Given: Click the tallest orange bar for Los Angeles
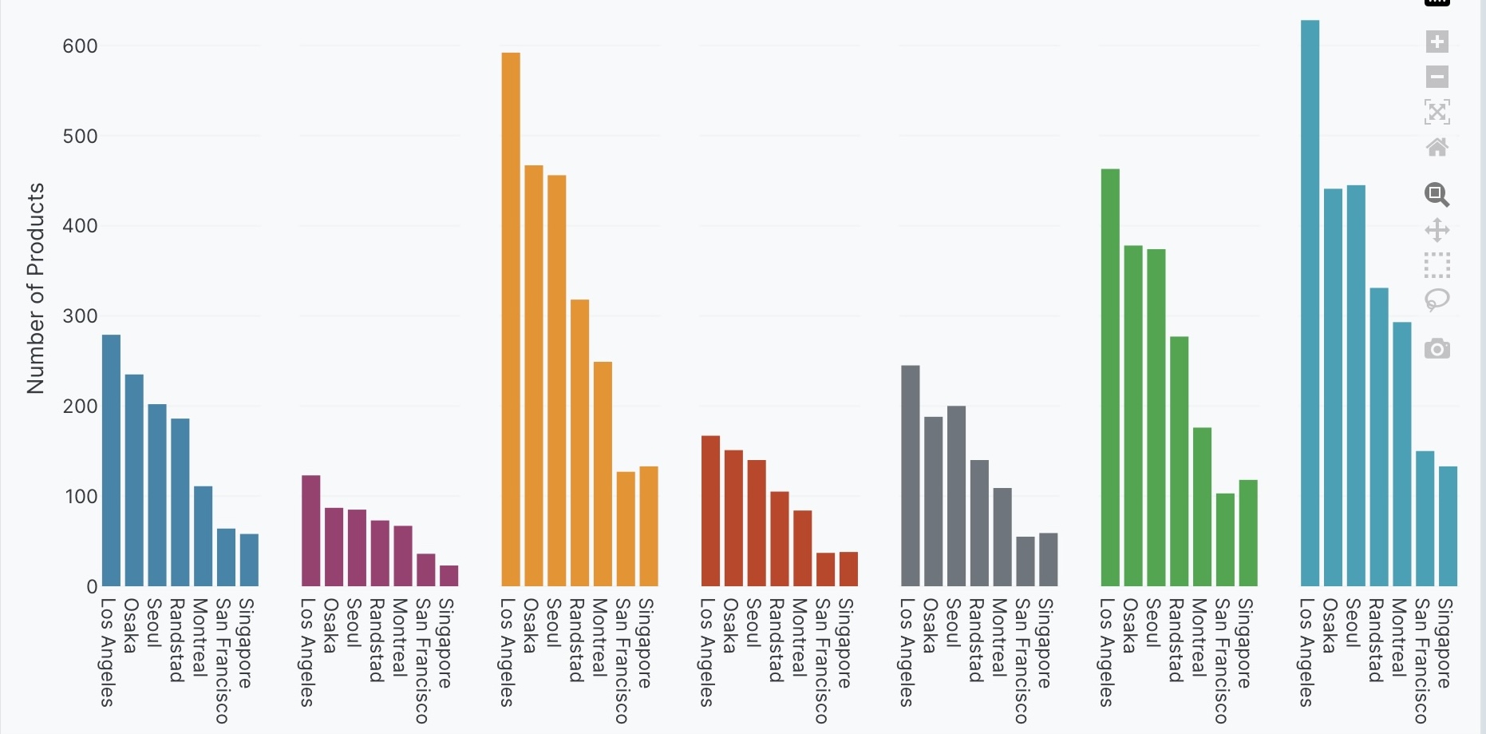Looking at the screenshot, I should pos(511,319).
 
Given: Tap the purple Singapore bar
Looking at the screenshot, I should pos(449,576).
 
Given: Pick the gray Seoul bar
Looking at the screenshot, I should pos(956,495).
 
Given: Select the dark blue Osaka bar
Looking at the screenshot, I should pos(134,479).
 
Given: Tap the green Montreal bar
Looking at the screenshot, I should pos(1202,506).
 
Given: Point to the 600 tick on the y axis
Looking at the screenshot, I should pos(80,46).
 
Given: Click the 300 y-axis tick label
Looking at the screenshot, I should pos(80,316).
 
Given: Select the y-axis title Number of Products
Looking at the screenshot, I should pos(35,288).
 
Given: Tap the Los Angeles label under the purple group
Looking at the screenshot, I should pos(307,652).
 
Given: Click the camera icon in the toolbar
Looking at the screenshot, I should pos(1437,349).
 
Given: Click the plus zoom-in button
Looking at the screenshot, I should pos(1437,42).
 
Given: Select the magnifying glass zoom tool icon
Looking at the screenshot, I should pos(1437,194).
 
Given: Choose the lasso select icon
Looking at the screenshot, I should pos(1437,300).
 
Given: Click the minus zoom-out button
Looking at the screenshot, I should pos(1437,77).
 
